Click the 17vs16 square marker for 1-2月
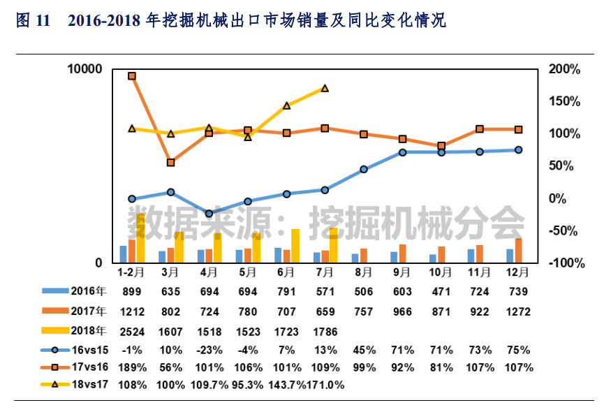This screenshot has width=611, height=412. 131,76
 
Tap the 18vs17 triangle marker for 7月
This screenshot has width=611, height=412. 325,89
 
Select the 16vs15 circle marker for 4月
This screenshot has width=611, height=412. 209,214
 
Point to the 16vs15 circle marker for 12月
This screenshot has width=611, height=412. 518,149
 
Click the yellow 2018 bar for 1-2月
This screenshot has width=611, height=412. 140,239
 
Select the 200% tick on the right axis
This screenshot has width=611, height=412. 565,69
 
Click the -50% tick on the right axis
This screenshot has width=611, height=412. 565,231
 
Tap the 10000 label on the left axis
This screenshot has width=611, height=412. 84,69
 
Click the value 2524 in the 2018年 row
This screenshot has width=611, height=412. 131,330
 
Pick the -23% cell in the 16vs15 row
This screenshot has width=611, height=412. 209,348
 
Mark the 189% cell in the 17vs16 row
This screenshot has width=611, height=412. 131,367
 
